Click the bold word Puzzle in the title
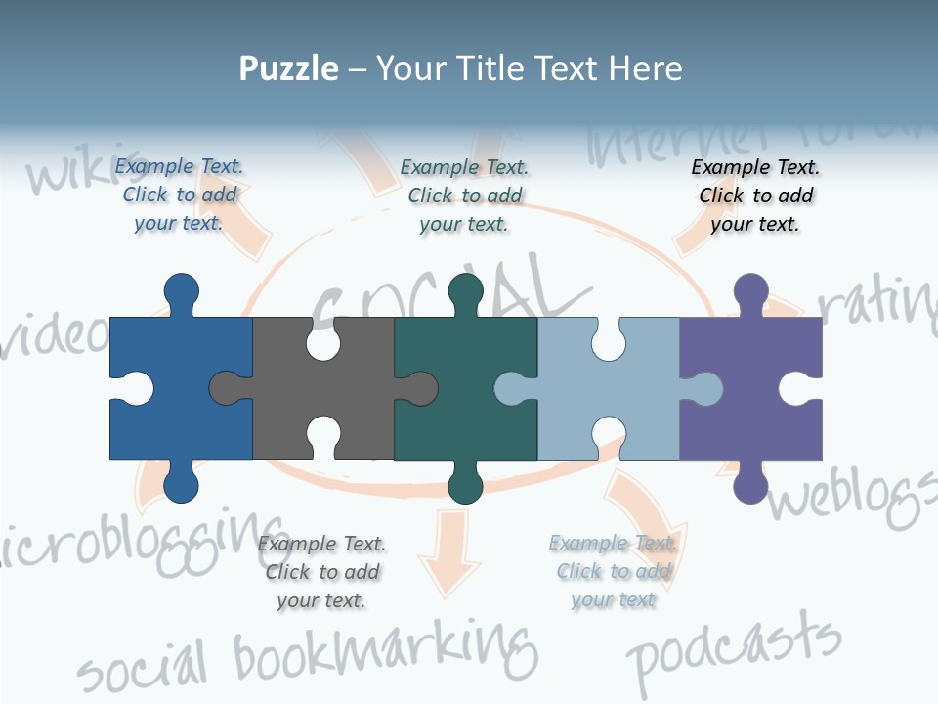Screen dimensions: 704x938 (x=288, y=68)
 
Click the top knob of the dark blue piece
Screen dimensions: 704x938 (x=181, y=291)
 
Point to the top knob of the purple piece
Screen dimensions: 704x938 (x=750, y=291)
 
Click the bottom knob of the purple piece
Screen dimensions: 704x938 (x=750, y=485)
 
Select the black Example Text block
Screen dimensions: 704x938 (x=755, y=196)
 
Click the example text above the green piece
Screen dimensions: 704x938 (x=464, y=196)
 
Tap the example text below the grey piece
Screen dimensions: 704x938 (x=321, y=572)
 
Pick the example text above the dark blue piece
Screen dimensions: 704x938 (x=179, y=196)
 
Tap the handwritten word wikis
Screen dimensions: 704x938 (x=68, y=171)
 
